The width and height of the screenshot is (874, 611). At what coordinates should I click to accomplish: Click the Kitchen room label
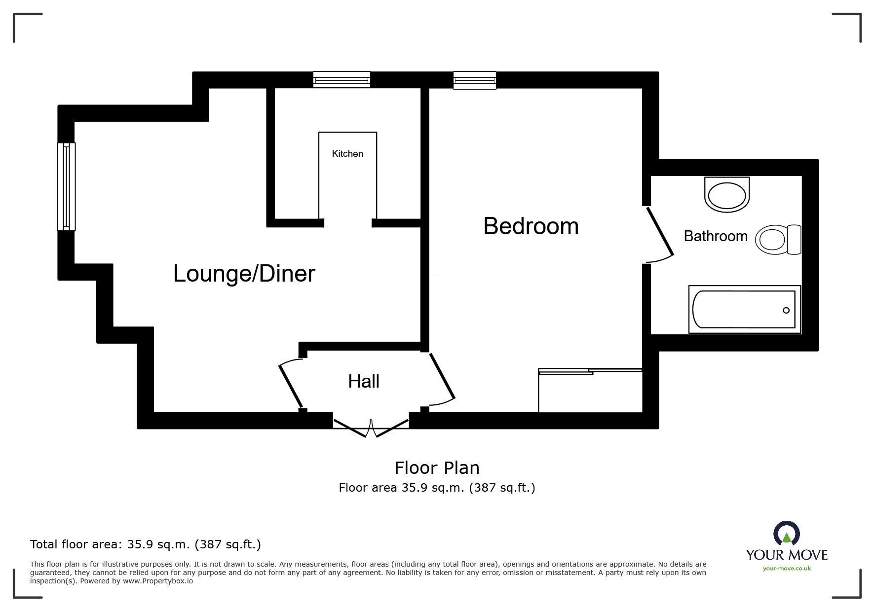pyautogui.click(x=347, y=154)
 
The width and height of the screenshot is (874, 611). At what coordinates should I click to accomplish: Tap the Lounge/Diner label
pyautogui.click(x=244, y=274)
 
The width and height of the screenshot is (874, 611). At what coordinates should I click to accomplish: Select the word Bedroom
pyautogui.click(x=531, y=226)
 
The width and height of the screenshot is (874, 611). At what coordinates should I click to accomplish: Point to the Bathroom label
pyautogui.click(x=715, y=236)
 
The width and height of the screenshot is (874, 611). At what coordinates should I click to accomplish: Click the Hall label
pyautogui.click(x=364, y=381)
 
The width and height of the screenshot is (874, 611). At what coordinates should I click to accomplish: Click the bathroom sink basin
pyautogui.click(x=727, y=195)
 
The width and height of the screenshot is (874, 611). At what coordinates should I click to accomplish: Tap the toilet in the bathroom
pyautogui.click(x=779, y=240)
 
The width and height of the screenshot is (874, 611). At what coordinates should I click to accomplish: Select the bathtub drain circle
pyautogui.click(x=786, y=310)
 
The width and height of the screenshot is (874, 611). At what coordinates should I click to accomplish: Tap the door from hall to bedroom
pyautogui.click(x=442, y=377)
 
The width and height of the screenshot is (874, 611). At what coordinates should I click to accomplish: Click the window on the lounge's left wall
pyautogui.click(x=66, y=186)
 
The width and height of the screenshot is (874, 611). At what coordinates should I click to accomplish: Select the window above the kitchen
pyautogui.click(x=342, y=80)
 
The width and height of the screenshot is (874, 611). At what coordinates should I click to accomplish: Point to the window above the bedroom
pyautogui.click(x=474, y=80)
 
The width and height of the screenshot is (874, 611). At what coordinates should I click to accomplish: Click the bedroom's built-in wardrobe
pyautogui.click(x=590, y=391)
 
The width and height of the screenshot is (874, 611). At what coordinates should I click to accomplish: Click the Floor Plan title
pyautogui.click(x=437, y=467)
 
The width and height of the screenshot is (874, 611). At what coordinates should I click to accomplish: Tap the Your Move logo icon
pyautogui.click(x=786, y=535)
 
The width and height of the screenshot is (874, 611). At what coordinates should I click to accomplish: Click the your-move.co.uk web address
pyautogui.click(x=787, y=569)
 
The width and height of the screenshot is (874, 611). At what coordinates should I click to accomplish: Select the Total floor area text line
pyautogui.click(x=146, y=544)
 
